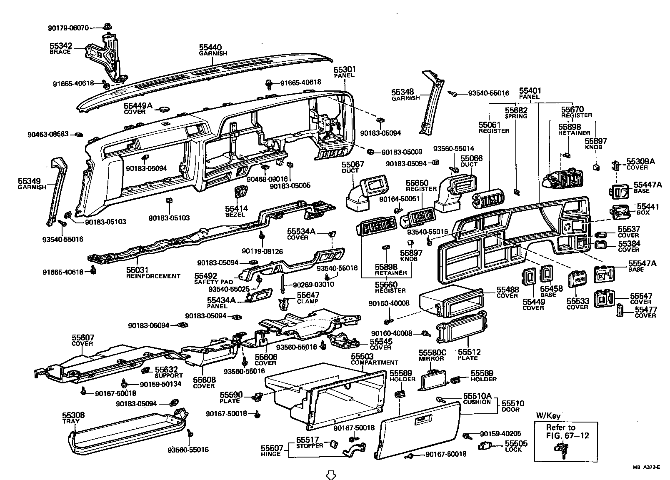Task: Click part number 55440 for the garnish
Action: click(210, 47)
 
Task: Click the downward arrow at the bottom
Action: click(330, 474)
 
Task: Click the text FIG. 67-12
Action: click(568, 436)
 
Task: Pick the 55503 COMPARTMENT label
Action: click(374, 359)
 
